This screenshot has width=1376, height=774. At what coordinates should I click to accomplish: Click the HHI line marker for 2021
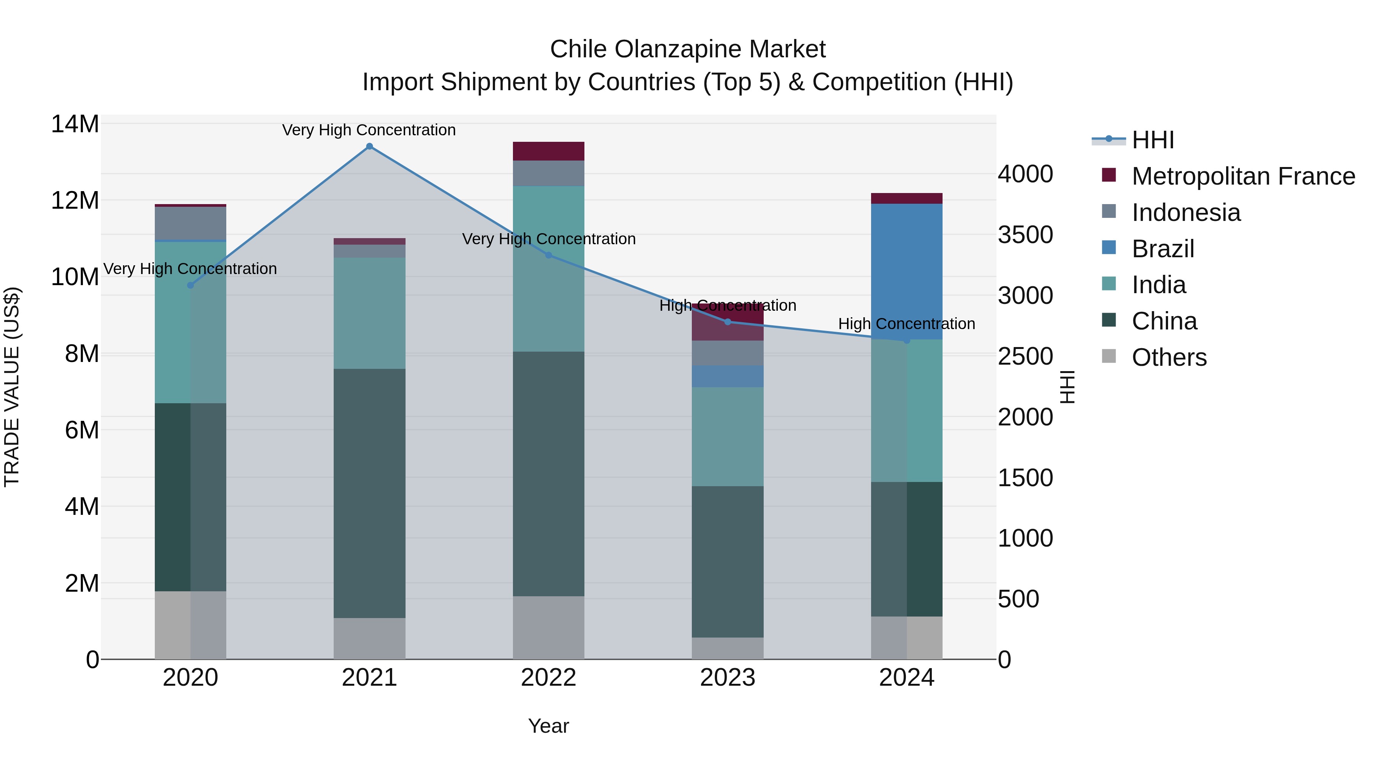point(369,146)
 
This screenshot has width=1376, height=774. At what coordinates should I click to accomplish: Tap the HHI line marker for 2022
point(548,255)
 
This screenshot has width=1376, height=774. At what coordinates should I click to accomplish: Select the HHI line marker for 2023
point(727,321)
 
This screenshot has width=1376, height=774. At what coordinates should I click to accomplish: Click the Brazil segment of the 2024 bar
point(907,271)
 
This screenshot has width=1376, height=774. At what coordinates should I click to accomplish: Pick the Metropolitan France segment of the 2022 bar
point(548,151)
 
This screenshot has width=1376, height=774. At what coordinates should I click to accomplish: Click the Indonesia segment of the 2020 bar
point(190,223)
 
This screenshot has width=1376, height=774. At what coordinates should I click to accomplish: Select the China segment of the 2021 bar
point(369,493)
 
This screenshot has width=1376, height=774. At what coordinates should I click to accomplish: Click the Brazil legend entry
point(1163,249)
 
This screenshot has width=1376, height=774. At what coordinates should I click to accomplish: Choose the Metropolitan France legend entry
point(1243,176)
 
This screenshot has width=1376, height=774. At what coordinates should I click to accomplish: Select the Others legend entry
point(1169,357)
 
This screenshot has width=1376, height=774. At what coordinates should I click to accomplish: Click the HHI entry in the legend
point(1153,140)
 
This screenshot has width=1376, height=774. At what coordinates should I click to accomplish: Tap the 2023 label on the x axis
point(727,678)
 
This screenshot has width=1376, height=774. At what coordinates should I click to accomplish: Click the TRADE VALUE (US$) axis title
point(12,387)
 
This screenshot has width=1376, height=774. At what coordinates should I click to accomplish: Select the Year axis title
point(548,726)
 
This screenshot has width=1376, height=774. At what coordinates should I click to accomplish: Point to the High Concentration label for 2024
point(907,324)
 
